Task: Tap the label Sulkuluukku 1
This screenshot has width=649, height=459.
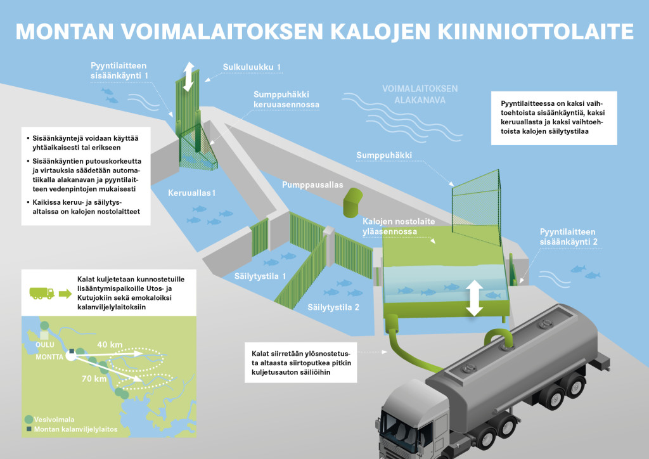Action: tap(252, 67)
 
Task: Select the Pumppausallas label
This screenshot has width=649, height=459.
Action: tap(312, 184)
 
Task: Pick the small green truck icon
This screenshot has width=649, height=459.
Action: tap(42, 294)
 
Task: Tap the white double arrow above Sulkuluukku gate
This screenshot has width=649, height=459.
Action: tap(188, 77)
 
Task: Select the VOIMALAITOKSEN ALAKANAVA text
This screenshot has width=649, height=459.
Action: tap(420, 94)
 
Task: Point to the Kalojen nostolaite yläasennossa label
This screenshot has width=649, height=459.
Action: tap(399, 226)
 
